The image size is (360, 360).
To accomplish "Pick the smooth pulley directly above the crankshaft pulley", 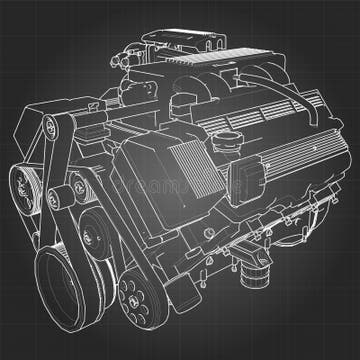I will [x=96, y=237].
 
